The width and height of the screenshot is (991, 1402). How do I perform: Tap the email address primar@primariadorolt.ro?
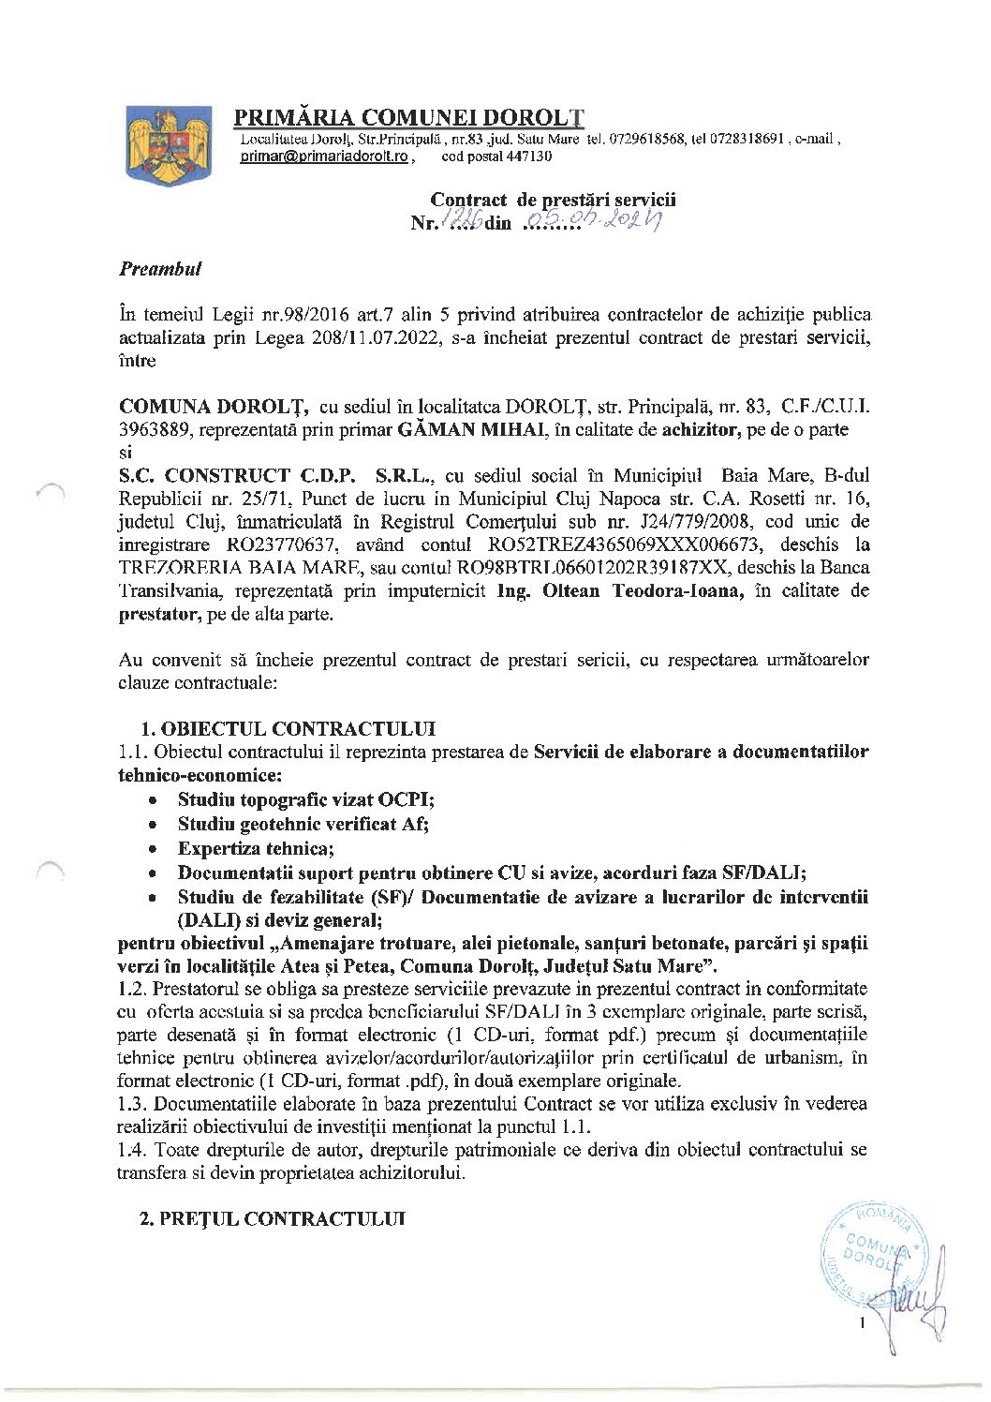[x=323, y=158]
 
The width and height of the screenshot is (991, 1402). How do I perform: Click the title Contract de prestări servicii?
[x=553, y=200]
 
